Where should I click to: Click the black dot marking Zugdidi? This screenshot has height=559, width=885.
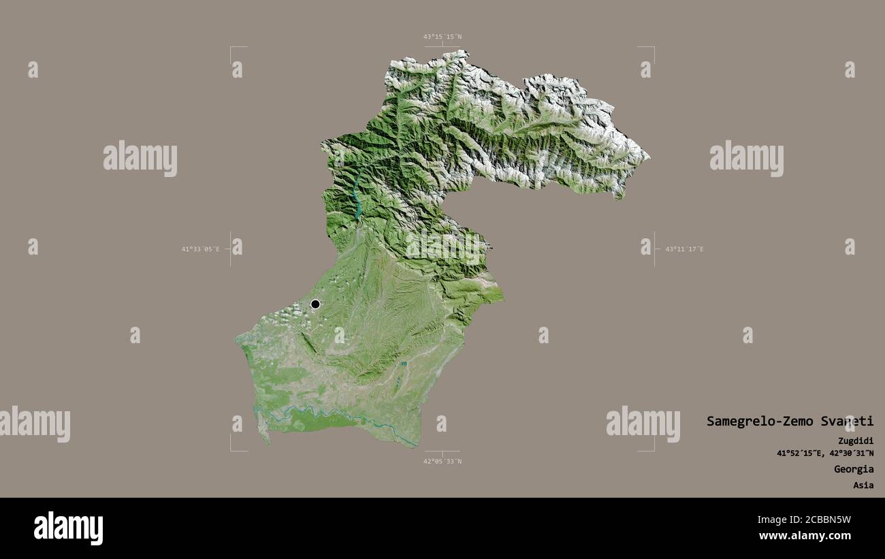click(x=315, y=304)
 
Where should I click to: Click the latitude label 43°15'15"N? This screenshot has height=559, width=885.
click(x=442, y=37)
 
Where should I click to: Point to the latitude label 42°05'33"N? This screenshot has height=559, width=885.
click(x=442, y=461)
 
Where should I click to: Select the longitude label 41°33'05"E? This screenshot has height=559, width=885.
click(x=200, y=249)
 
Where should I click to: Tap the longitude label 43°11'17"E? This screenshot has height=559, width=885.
click(x=684, y=249)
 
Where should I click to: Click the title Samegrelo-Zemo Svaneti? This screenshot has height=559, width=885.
click(x=790, y=421)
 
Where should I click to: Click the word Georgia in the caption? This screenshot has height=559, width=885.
click(x=854, y=469)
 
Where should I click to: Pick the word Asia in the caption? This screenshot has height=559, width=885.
click(x=863, y=485)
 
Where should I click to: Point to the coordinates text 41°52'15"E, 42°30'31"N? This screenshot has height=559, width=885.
click(x=825, y=453)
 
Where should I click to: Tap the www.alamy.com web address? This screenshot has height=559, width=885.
click(x=805, y=537)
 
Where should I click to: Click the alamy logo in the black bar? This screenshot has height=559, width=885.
click(x=68, y=528)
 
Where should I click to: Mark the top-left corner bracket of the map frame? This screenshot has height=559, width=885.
click(x=231, y=48)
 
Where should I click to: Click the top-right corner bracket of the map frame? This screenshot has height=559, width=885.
click(x=653, y=48)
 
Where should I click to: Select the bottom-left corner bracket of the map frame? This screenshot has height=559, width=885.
click(x=231, y=449)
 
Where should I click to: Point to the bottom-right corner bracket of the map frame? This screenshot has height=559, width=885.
click(x=653, y=449)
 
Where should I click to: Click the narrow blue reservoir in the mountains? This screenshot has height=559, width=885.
click(x=357, y=197)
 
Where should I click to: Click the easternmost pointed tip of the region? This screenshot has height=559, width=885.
click(x=649, y=158)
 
